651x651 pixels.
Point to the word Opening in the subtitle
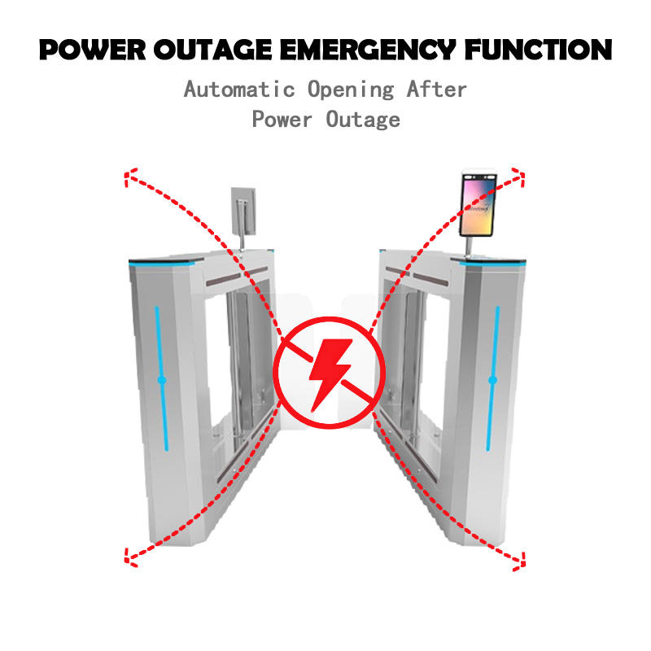[351, 89]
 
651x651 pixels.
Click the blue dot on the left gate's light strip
[161, 379]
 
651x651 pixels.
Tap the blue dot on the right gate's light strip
[492, 379]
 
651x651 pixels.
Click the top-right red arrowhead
[519, 172]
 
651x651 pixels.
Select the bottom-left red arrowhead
[128, 557]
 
